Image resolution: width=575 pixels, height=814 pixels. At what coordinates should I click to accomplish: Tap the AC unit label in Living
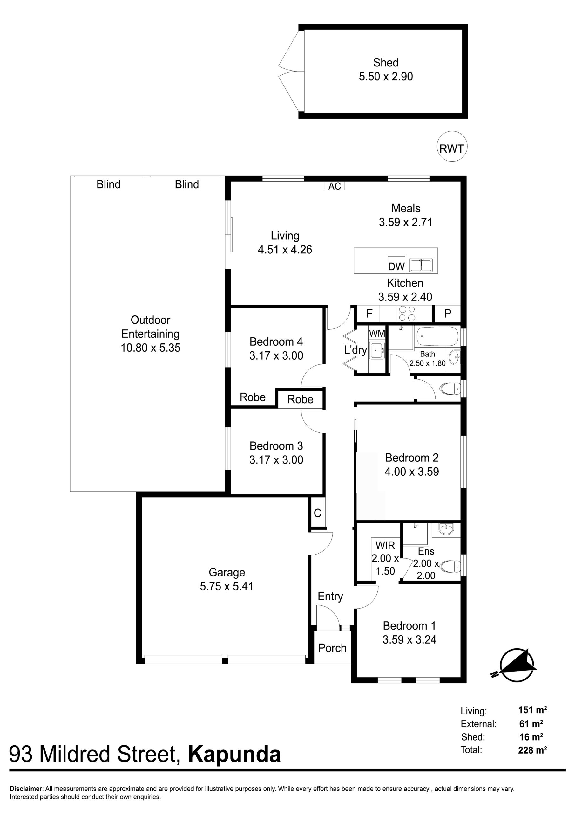click(x=334, y=186)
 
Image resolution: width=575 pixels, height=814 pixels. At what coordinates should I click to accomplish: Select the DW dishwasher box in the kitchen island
click(x=396, y=265)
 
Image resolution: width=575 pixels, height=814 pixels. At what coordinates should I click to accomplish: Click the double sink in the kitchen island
click(x=421, y=265)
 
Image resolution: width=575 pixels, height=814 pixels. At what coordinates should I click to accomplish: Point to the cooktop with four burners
click(x=407, y=314)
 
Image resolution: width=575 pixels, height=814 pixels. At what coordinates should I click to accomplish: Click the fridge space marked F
click(x=369, y=314)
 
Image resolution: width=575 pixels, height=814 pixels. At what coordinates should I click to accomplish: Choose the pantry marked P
click(x=448, y=314)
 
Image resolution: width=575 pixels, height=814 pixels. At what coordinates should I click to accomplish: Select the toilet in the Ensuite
click(x=451, y=566)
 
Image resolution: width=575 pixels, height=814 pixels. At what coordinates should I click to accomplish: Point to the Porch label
click(x=332, y=648)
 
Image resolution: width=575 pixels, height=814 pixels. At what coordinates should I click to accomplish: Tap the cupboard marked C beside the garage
click(x=317, y=513)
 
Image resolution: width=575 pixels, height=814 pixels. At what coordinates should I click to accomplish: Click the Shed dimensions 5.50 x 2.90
click(x=386, y=76)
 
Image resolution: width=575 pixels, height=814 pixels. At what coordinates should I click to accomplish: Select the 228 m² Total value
click(x=532, y=750)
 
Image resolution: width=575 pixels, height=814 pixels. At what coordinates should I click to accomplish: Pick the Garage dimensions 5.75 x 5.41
click(x=227, y=586)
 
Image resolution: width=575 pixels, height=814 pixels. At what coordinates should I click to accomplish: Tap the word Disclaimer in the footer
click(x=26, y=789)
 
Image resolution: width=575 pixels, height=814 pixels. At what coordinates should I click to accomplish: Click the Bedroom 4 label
click(x=276, y=341)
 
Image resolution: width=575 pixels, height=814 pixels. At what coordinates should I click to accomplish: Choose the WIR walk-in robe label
click(x=385, y=545)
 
